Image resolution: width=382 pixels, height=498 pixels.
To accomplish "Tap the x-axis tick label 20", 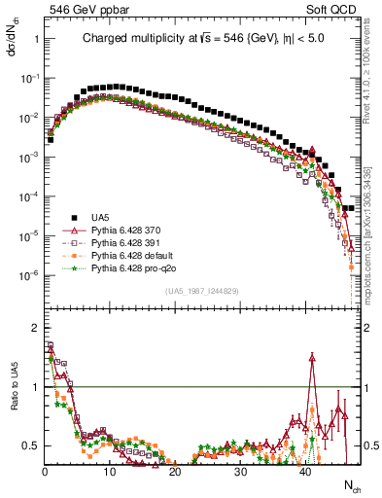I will (175, 471).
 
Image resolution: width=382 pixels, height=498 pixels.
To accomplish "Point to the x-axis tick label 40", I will (305, 471).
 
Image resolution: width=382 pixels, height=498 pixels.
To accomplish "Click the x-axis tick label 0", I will (45, 471).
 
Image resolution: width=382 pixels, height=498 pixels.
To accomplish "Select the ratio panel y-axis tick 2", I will (34, 326).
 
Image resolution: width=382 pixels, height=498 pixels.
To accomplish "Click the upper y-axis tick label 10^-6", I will (28, 275).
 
